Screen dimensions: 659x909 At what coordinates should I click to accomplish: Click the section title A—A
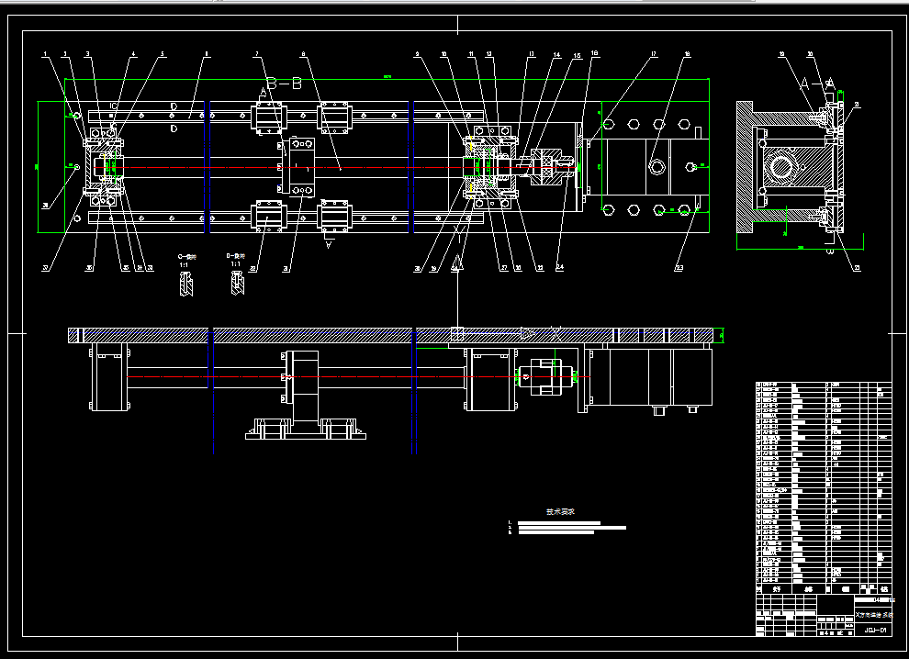(815, 83)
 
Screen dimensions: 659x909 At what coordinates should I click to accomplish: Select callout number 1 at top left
(44, 55)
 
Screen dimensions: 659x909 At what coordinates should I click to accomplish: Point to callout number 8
(303, 55)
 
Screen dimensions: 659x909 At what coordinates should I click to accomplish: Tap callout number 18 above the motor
(687, 55)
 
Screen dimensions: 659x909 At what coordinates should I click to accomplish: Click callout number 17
(654, 55)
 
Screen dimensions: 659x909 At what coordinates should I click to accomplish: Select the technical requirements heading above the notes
(560, 512)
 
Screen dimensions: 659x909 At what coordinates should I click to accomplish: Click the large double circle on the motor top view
(658, 166)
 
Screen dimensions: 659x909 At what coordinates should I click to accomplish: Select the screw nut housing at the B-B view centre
(299, 166)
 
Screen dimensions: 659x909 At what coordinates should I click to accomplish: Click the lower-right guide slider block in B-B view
(334, 217)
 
